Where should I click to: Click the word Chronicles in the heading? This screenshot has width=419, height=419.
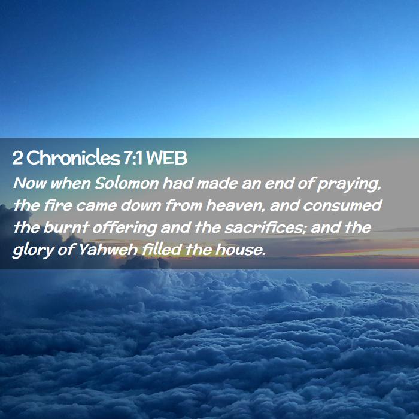pos(73,157)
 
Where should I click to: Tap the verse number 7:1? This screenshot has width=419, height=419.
pos(133,158)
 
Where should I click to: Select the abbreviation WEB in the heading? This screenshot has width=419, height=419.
pos(167,158)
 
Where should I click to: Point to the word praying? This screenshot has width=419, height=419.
pos(348,185)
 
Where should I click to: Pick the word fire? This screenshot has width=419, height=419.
pos(58,205)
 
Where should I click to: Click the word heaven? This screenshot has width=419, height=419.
pos(236,206)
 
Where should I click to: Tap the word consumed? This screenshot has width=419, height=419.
pos(342,205)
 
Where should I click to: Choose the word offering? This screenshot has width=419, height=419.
pos(125,229)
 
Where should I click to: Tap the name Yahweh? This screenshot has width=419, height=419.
pos(108,250)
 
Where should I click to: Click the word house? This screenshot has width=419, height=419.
pos(241,250)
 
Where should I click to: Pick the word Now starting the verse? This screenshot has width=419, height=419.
pos(30,183)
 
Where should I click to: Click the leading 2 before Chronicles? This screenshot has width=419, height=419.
pos(17,158)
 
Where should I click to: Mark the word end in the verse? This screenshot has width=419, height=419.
pos(280,183)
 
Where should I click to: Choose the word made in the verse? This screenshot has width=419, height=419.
pos(217,183)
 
